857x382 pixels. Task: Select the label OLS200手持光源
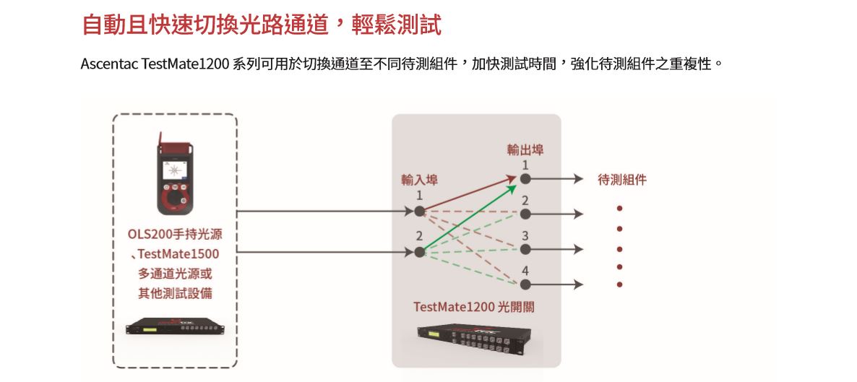175,235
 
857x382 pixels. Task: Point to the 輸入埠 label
419,180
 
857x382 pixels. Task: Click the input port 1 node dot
419,212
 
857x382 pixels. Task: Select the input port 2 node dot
419,252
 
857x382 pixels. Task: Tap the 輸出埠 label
525,150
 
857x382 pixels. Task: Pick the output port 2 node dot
525,214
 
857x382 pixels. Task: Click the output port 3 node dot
525,249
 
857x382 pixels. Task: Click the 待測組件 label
622,180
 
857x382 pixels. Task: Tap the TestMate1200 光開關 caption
474,307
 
